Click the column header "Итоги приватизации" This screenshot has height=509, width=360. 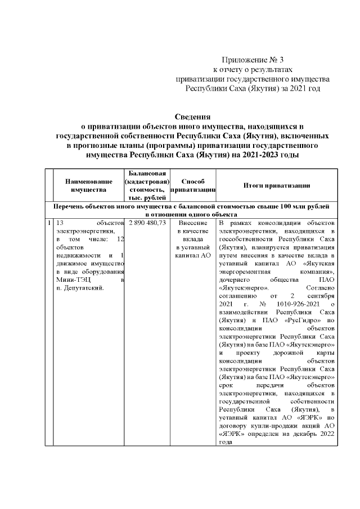(277, 186)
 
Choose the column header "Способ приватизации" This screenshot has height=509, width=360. (193, 186)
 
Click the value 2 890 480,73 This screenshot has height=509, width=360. (147, 223)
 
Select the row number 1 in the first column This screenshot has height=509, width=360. (49, 223)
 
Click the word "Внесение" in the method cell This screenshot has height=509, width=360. (193, 223)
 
